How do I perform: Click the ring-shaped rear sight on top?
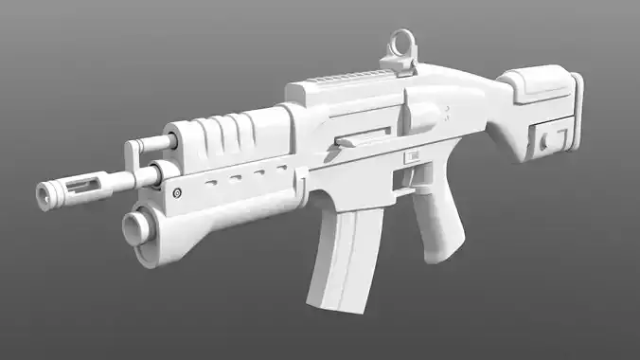400,43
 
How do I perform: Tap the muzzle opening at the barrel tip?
43,196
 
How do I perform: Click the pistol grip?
436,224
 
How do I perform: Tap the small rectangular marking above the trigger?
413,154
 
